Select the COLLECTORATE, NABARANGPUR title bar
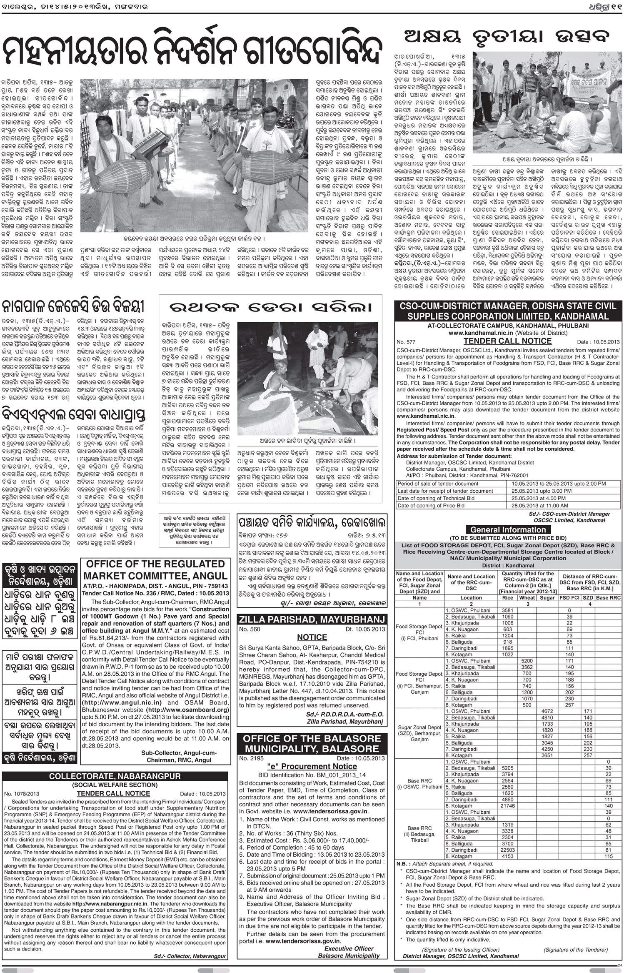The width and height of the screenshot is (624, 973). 115,776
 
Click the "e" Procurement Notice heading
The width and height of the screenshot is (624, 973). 312,766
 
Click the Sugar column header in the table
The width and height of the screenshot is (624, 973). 547,598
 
